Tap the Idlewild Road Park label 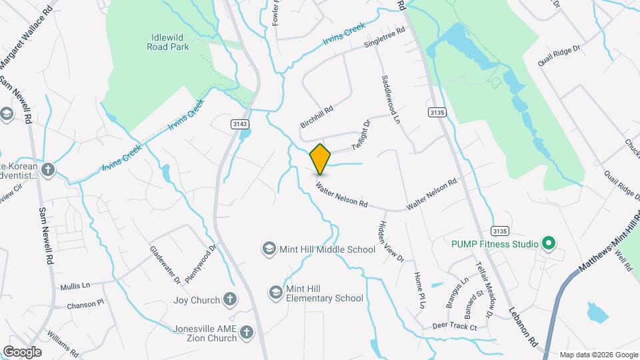coord(169,42)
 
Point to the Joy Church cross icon coord(229,300)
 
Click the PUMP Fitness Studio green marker coord(548,244)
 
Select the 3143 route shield coord(240,124)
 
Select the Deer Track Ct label coord(454,327)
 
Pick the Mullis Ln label coord(75,286)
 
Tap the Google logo coord(22,351)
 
